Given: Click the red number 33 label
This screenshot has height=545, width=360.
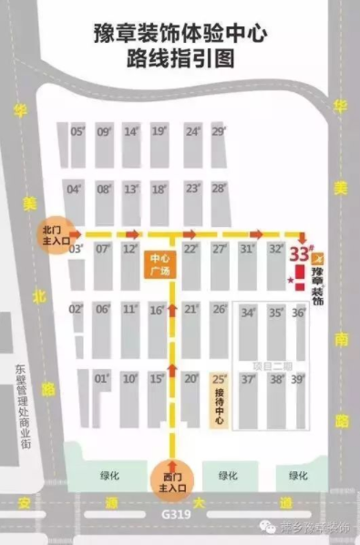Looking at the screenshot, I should point(301,252).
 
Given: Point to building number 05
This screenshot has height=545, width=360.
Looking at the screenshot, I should point(77,131).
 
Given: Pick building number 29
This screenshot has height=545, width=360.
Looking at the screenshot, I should point(218,131).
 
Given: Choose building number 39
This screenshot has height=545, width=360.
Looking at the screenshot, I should point(297,378).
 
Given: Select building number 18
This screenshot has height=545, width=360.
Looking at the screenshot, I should point(159,190).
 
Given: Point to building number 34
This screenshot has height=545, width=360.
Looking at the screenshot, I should point(247,313).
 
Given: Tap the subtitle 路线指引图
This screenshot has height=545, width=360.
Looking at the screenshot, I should point(180,62).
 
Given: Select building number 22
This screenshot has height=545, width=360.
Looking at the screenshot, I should point(190,249).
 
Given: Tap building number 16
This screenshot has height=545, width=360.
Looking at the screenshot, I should point(157,310).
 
